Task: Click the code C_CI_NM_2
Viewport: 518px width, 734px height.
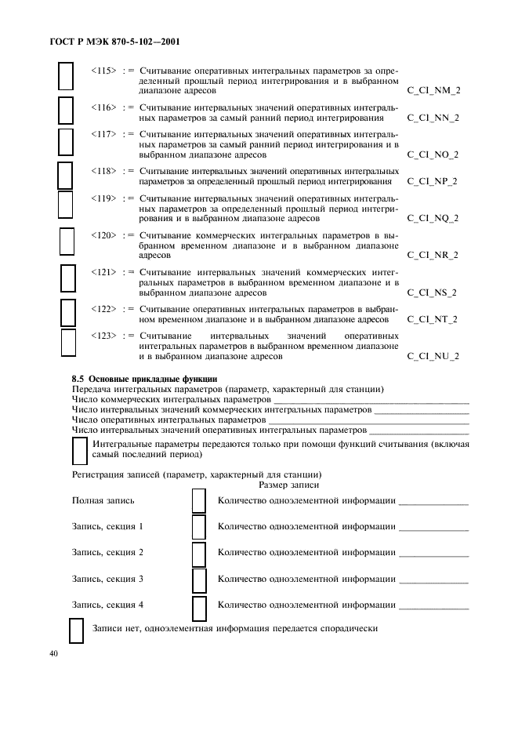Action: [433, 90]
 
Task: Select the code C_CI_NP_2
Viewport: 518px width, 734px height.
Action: [433, 181]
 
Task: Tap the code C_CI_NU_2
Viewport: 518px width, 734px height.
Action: [433, 356]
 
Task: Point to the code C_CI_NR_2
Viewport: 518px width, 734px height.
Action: [433, 255]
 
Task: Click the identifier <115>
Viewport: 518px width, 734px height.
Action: [103, 70]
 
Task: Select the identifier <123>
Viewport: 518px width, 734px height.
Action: [103, 336]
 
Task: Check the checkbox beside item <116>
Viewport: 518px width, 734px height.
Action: [67, 112]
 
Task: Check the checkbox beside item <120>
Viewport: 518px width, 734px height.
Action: [67, 241]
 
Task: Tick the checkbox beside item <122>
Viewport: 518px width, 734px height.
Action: [68, 312]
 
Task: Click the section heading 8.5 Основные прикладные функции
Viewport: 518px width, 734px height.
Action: [134, 379]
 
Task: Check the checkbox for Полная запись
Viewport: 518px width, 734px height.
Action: [199, 501]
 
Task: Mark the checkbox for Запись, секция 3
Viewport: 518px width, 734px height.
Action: [199, 580]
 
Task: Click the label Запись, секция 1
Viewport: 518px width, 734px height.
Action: [107, 526]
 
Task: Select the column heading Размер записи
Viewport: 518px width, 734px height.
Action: [288, 485]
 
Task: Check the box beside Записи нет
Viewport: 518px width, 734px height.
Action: [77, 630]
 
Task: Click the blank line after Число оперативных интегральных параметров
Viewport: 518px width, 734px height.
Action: [368, 420]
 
